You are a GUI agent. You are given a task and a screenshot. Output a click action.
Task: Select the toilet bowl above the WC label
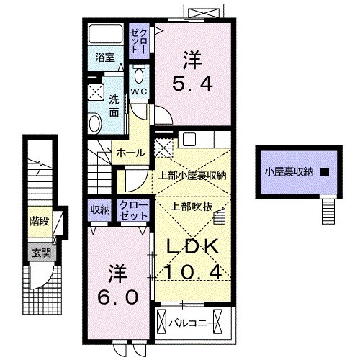pos(140,76)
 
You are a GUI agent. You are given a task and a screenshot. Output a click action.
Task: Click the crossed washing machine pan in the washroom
pos(96,91)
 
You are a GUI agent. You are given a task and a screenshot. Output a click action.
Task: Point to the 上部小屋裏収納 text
pos(193,174)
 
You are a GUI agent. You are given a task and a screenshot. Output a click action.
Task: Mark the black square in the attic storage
pos(325,171)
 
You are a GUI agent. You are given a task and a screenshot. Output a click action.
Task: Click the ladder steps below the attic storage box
pos(328,210)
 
